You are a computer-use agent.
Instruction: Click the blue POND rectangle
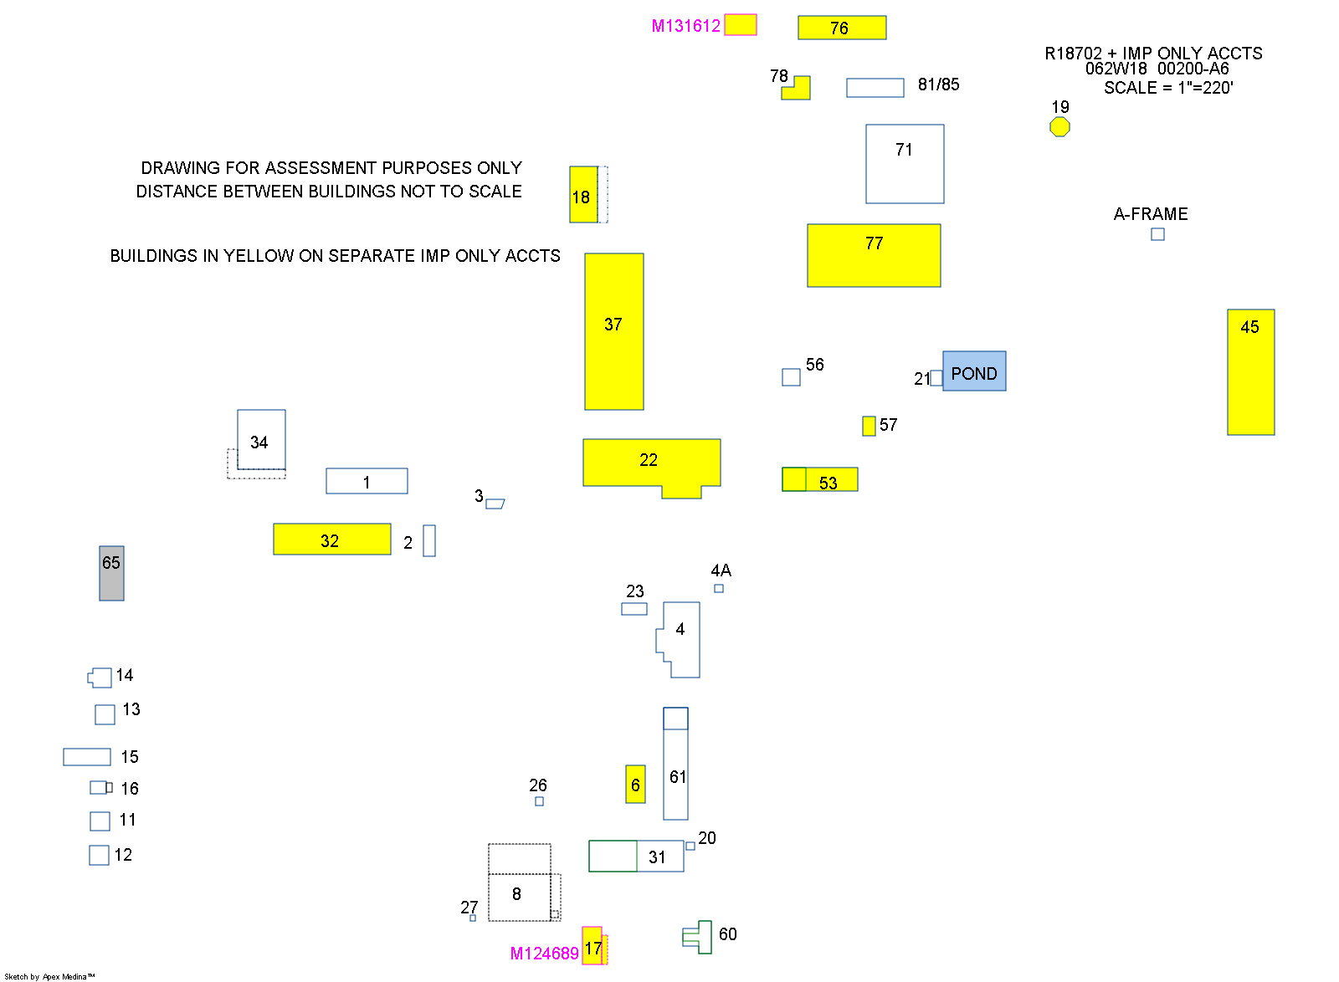[974, 371]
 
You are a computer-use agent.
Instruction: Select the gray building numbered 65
[111, 573]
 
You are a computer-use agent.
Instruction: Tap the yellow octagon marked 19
[1059, 126]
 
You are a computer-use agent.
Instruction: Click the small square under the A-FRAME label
[1157, 234]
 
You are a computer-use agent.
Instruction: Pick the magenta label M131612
[685, 26]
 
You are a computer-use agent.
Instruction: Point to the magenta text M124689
[544, 954]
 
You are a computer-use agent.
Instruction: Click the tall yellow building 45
[1250, 372]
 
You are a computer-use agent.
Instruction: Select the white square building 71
[905, 164]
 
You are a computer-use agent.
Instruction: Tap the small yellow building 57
[869, 426]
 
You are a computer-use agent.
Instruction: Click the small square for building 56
[791, 377]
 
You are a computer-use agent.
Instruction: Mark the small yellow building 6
[635, 784]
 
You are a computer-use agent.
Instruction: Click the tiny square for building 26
[539, 801]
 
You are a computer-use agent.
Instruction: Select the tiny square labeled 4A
[719, 588]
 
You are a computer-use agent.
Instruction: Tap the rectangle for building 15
[87, 757]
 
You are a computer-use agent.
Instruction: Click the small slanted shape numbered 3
[495, 504]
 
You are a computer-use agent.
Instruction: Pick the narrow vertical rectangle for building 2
[429, 540]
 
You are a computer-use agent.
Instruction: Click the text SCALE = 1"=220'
[1168, 88]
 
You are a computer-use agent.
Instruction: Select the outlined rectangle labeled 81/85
[875, 88]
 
